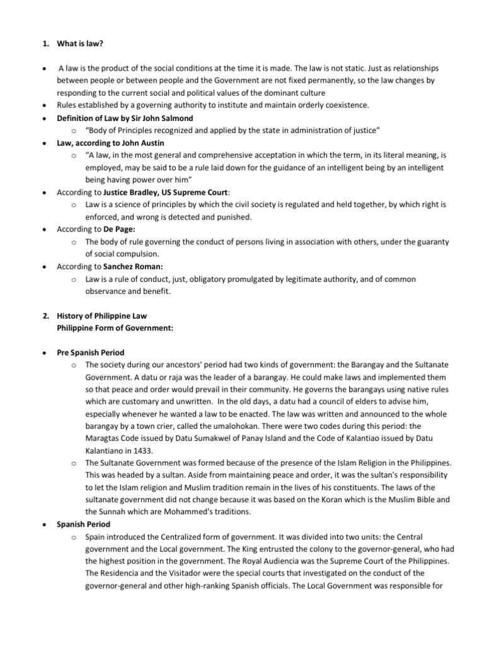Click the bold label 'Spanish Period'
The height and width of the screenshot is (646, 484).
coord(83,524)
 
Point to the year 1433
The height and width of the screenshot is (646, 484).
coord(142,450)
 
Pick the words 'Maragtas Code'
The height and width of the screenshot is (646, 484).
coord(114,438)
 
